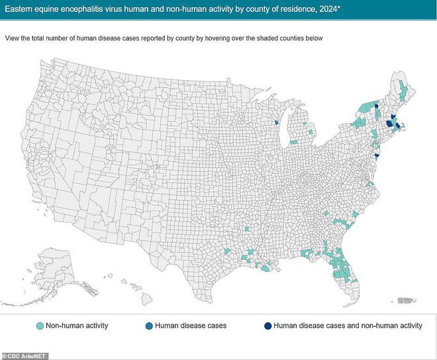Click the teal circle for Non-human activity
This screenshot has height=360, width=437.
tap(40, 326)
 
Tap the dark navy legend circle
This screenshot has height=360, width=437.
tap(267, 326)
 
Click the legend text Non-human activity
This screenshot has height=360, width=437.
tap(78, 326)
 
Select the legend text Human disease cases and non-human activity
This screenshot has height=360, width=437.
tap(347, 326)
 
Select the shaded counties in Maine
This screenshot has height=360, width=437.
tap(403, 89)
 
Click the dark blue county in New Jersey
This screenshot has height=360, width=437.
tap(377, 155)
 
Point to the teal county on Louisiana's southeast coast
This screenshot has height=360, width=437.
tap(267, 268)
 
